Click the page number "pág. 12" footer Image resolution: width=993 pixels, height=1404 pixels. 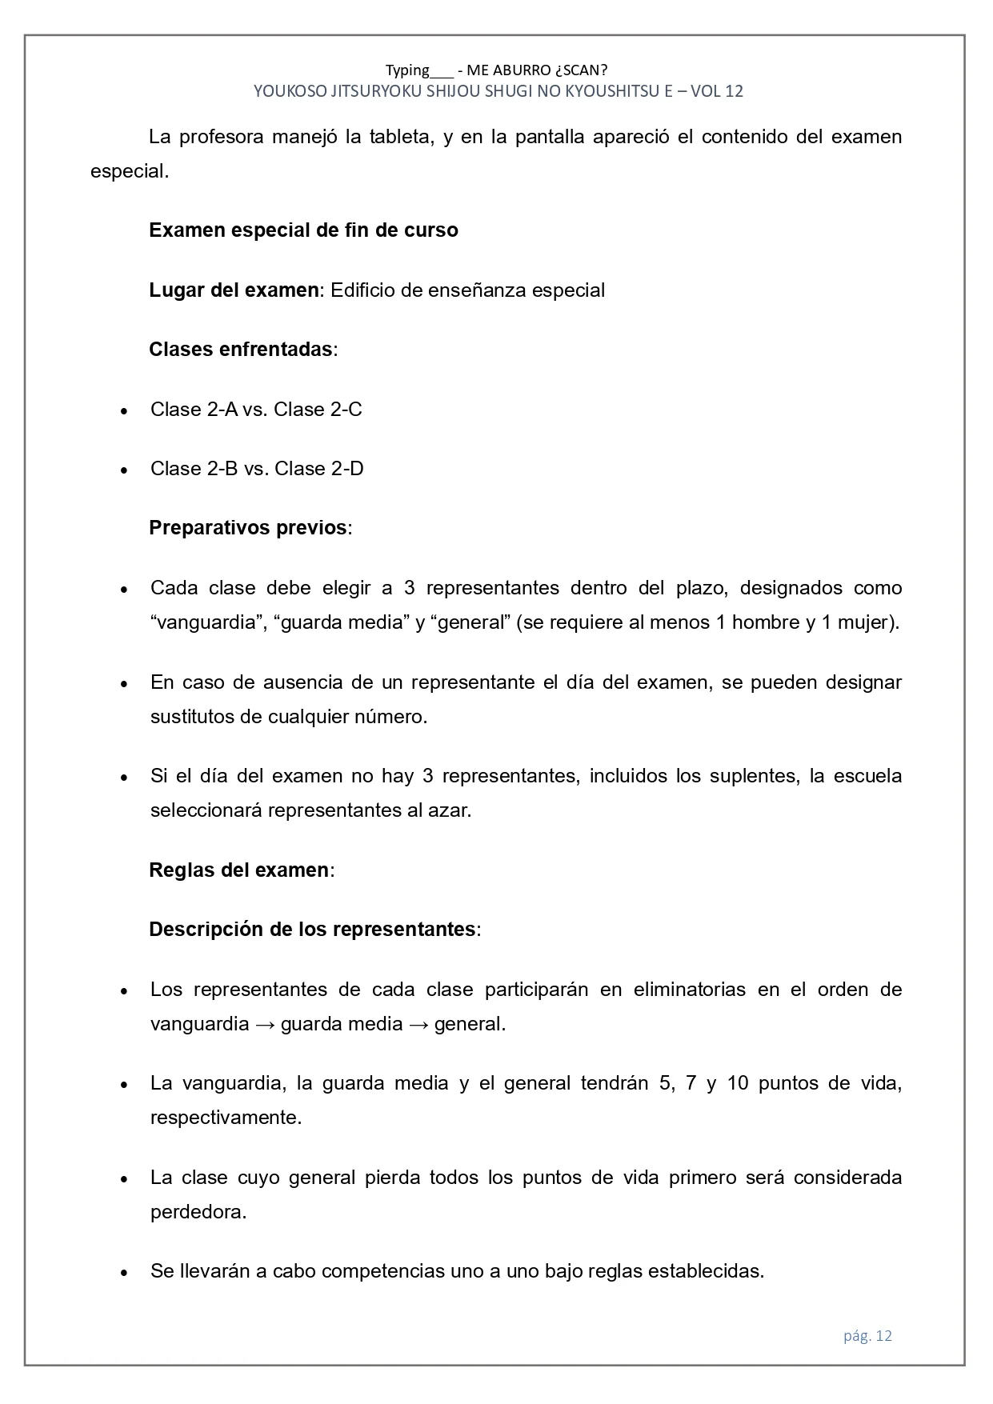click(867, 1335)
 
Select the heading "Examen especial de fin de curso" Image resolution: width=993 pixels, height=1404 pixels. click(303, 230)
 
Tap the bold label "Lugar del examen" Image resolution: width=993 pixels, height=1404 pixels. click(234, 290)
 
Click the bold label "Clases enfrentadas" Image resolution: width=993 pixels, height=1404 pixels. click(240, 350)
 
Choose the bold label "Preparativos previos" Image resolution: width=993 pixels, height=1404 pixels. click(248, 528)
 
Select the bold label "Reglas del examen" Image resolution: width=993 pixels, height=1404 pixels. click(238, 870)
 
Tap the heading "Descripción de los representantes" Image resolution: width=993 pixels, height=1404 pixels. click(312, 930)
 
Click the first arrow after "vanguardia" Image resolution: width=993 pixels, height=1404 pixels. click(265, 1024)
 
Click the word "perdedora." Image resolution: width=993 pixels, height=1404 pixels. click(198, 1212)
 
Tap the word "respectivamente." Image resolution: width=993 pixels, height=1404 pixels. click(226, 1118)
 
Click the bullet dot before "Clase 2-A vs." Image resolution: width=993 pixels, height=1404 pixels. click(124, 411)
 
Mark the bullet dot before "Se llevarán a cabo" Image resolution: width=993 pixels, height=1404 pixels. click(124, 1273)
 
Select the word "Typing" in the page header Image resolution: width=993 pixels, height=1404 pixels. click(407, 70)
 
